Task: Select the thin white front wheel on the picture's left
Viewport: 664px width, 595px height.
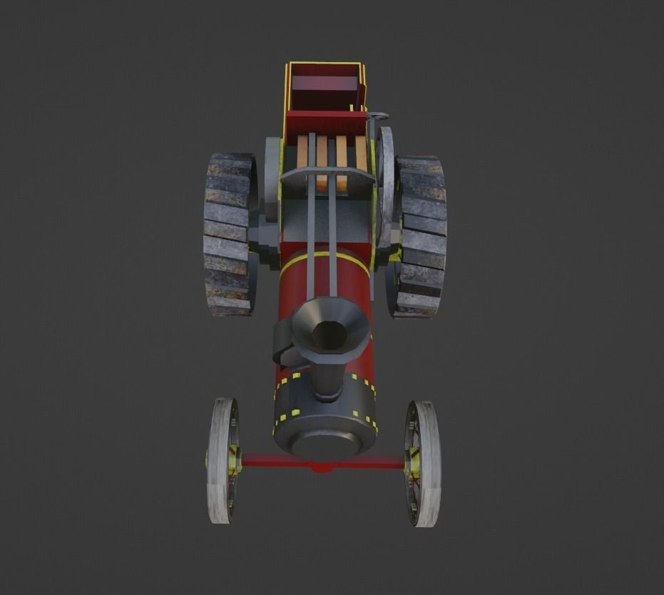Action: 221,461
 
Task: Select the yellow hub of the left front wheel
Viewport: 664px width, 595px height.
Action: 233,461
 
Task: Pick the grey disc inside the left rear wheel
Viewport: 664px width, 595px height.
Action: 272,179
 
